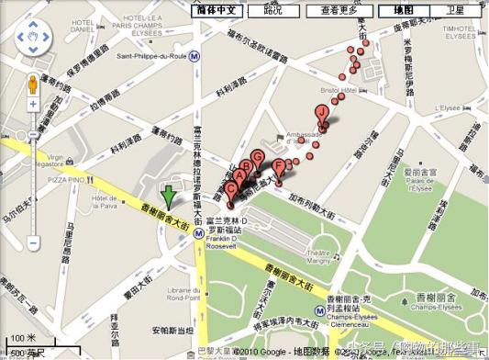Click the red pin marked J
tap(321, 112)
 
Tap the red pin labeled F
tap(278, 166)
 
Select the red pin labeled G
tap(258, 158)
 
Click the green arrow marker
tap(168, 195)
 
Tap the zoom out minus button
tap(34, 244)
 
